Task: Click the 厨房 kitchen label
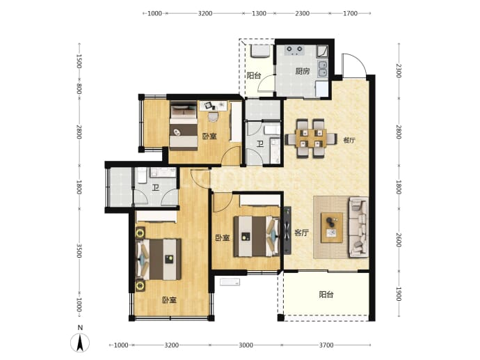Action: [x=302, y=72]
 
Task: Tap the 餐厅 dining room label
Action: [x=349, y=141]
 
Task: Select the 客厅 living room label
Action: [x=301, y=233]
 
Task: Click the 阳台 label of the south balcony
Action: [x=326, y=295]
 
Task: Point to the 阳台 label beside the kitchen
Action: [x=254, y=75]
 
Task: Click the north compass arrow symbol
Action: [x=80, y=343]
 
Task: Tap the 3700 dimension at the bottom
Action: [x=326, y=345]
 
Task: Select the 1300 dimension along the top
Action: [x=259, y=13]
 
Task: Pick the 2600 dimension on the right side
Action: [x=399, y=240]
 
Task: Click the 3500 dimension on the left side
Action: [x=79, y=250]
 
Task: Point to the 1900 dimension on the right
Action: [x=399, y=294]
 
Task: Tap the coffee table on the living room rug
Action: [x=332, y=228]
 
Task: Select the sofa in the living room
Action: [x=358, y=227]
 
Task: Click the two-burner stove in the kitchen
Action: [x=294, y=50]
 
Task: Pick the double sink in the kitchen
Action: [x=322, y=68]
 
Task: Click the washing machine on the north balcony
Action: [x=260, y=51]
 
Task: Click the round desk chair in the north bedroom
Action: [x=213, y=116]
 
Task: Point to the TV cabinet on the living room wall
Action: [x=287, y=230]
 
